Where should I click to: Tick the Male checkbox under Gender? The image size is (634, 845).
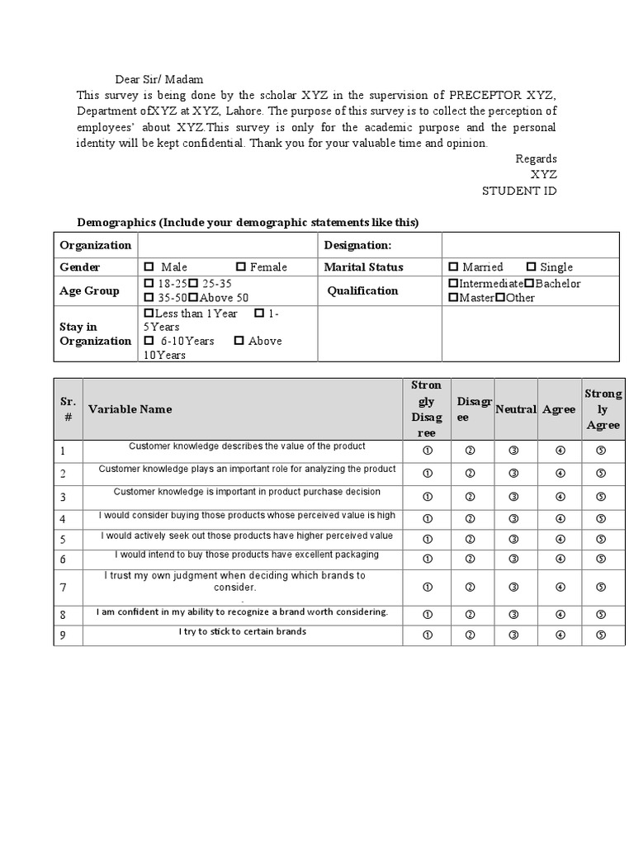click(149, 267)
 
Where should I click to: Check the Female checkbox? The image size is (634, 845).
click(241, 267)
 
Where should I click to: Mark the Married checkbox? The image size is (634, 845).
click(453, 267)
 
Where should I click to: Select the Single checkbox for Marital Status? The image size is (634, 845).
click(531, 267)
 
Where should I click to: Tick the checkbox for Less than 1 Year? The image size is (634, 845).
click(149, 314)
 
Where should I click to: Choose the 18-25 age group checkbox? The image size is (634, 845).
click(149, 284)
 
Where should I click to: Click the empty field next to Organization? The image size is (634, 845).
click(228, 245)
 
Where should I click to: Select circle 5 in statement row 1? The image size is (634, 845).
click(601, 451)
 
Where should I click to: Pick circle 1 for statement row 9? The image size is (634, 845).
click(428, 635)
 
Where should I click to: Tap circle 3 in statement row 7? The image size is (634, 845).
click(513, 587)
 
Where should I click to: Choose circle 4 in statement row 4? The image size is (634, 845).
click(560, 519)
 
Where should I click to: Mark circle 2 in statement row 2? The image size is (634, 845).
click(470, 473)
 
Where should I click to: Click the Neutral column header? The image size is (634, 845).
click(516, 409)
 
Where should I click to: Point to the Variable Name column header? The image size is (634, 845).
click(130, 408)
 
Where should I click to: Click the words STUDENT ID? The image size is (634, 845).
click(519, 191)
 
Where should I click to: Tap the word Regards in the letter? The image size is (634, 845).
click(536, 158)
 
